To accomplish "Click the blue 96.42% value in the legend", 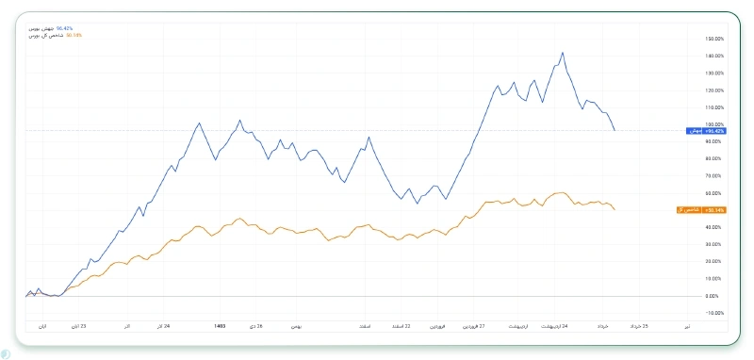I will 65,29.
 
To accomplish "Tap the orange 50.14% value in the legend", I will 74,35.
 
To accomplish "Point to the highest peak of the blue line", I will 563,53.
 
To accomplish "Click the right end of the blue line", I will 615,130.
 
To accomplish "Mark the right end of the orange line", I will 615,209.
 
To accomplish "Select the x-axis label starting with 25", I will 637,326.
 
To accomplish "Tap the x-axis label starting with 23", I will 76,326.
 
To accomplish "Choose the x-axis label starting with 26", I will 254,326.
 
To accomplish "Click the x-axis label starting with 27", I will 473,326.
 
